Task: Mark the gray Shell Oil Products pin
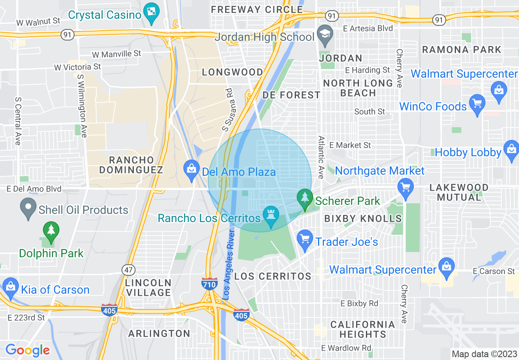28,208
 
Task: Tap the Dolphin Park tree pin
51,232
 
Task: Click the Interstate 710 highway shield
210,283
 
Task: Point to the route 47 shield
128,270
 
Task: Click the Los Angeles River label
228,264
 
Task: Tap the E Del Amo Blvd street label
34,189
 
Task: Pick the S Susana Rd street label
227,110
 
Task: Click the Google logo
27,350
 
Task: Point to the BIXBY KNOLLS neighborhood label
363,218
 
